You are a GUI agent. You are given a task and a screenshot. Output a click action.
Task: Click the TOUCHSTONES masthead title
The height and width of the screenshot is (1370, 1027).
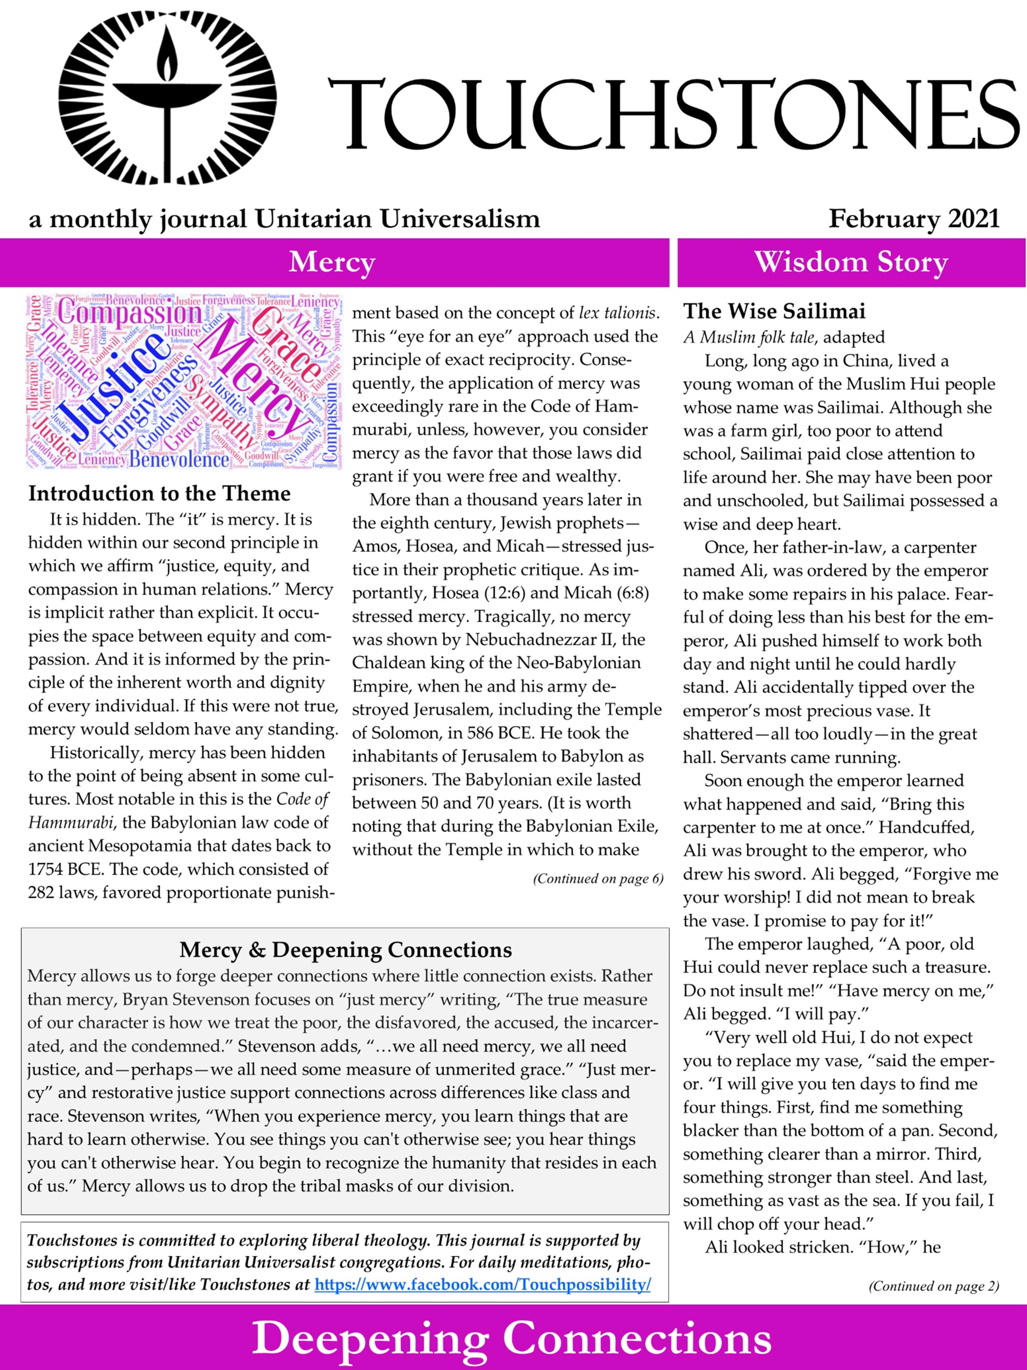673,115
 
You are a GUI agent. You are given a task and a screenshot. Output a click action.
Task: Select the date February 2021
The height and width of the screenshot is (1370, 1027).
914,219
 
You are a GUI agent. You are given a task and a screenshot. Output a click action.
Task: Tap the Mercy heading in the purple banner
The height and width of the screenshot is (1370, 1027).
333,262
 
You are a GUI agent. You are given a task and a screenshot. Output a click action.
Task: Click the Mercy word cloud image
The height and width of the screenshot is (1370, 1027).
184,381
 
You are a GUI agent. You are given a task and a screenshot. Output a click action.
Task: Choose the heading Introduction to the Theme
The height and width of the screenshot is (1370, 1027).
159,494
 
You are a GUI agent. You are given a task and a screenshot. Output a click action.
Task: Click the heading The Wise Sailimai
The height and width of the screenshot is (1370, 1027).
774,311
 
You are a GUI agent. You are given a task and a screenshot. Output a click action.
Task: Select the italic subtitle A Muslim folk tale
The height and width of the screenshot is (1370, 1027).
749,338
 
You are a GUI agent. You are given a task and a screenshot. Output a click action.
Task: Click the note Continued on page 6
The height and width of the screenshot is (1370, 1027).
597,879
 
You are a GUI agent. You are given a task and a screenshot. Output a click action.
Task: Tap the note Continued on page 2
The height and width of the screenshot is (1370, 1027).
933,1286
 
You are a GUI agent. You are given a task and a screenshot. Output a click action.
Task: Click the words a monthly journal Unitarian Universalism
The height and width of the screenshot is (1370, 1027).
284,219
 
